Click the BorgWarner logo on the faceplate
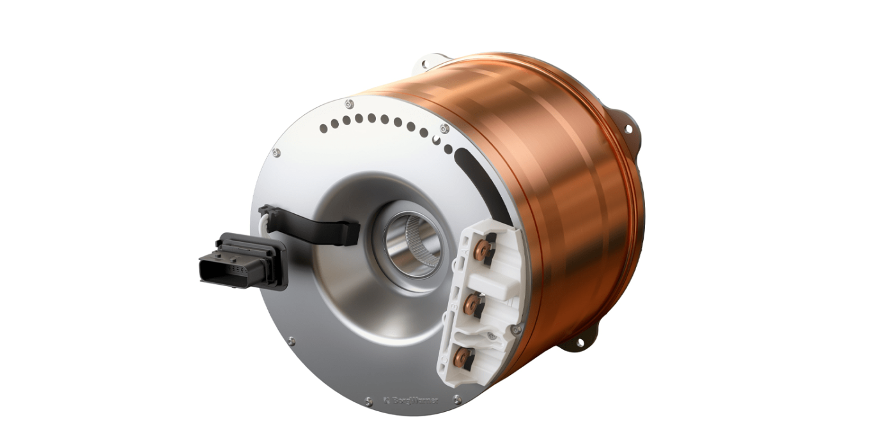click(412, 401)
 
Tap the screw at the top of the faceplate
click(348, 103)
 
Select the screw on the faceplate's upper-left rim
click(276, 153)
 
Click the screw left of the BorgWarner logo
click(368, 401)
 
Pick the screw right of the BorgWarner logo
click(457, 399)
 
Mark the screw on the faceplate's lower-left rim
click(292, 342)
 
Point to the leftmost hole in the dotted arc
click(323, 128)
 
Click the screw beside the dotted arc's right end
click(444, 129)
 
